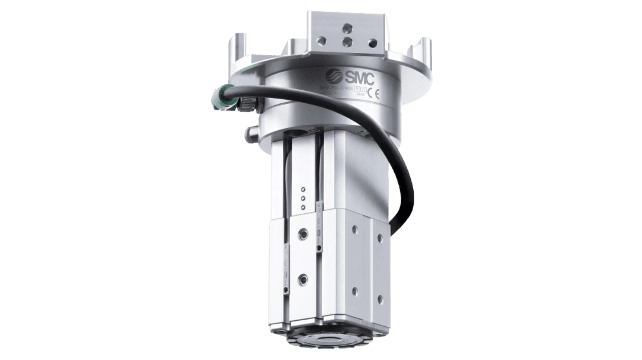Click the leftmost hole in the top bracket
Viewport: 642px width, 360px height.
pyautogui.click(x=322, y=41)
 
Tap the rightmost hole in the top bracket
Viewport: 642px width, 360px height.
pyautogui.click(x=373, y=43)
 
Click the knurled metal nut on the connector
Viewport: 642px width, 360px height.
pyautogui.click(x=244, y=105)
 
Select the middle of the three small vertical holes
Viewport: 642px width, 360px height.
pyautogui.click(x=303, y=199)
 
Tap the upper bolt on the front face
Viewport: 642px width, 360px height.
pyautogui.click(x=304, y=233)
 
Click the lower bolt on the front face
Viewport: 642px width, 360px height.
pyautogui.click(x=303, y=277)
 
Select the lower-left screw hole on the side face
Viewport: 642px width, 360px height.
pyautogui.click(x=355, y=291)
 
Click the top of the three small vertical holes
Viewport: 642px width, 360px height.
pyautogui.click(x=303, y=191)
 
